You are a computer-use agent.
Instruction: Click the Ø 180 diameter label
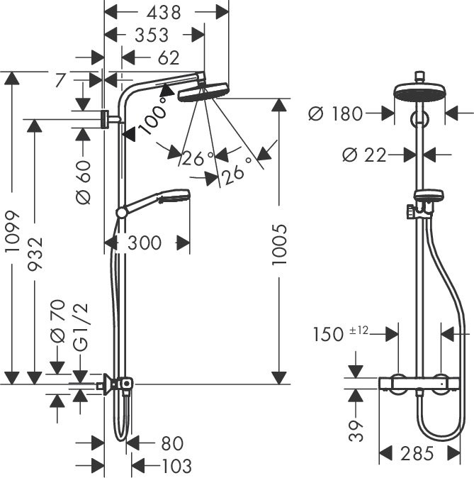[336, 113]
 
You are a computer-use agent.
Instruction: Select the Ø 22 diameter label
[363, 154]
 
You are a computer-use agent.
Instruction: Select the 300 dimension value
[145, 243]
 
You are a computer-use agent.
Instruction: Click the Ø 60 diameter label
[84, 182]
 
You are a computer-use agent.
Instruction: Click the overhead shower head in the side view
[201, 91]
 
